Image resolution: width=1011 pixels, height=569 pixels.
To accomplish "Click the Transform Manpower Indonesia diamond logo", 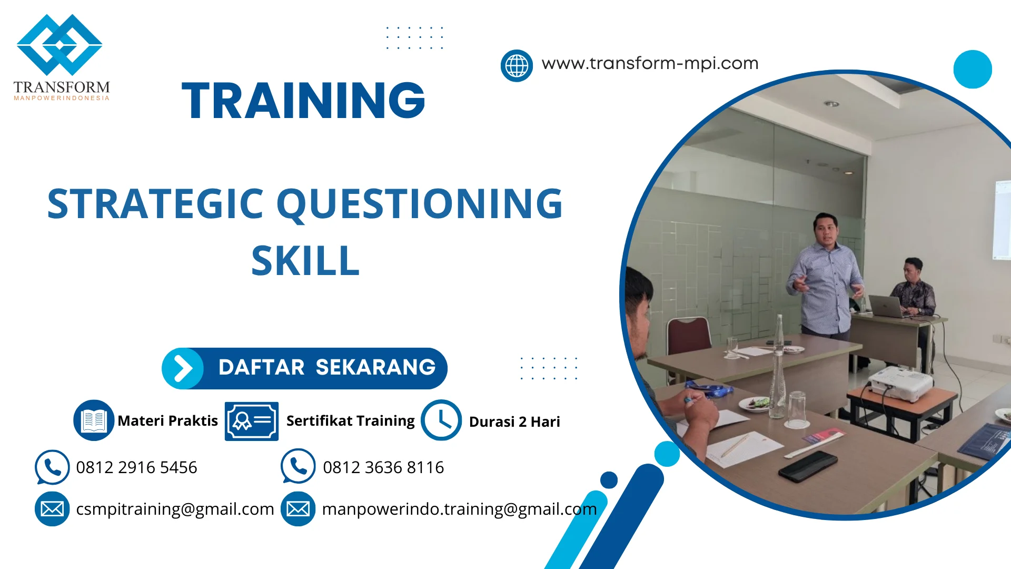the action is tap(60, 44).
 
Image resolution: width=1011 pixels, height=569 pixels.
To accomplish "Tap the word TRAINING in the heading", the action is tap(303, 100).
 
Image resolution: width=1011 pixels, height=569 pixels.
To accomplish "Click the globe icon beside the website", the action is tap(517, 66).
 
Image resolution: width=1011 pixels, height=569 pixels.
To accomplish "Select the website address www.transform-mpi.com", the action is tap(650, 63).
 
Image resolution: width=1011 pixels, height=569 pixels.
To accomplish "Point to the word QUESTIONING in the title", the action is tap(420, 204).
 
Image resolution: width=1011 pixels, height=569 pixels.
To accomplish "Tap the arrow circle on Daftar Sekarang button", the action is tap(183, 368).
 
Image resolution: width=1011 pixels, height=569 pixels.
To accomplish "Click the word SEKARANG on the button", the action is tap(375, 367).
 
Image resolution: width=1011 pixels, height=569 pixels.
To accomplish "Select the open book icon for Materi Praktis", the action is tap(94, 420).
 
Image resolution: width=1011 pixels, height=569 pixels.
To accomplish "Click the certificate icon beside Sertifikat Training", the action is tap(252, 421).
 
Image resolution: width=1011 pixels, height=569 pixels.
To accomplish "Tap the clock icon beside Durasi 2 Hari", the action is tap(441, 420).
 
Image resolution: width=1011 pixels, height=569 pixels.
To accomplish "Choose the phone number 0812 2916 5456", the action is tap(136, 467).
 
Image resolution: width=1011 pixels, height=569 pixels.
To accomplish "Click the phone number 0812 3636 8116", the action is tap(383, 467).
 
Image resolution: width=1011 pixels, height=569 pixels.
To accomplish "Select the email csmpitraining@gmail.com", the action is tap(175, 509).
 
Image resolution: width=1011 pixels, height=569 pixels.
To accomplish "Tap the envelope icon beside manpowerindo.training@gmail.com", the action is tap(298, 509).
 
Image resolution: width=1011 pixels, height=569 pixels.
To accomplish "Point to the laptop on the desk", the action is tap(888, 306).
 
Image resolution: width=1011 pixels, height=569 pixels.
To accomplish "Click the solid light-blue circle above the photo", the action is tap(973, 69).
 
